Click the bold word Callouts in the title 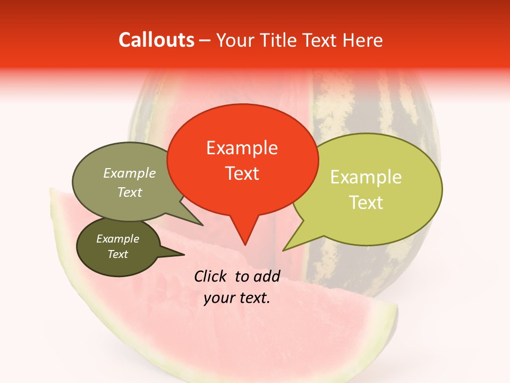(156, 40)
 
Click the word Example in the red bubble (242, 148)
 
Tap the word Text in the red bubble (242, 173)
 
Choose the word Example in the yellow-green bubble (366, 177)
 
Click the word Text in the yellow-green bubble (367, 202)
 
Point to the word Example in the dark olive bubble (118, 239)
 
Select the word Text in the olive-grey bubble (130, 192)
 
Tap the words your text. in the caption (237, 298)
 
